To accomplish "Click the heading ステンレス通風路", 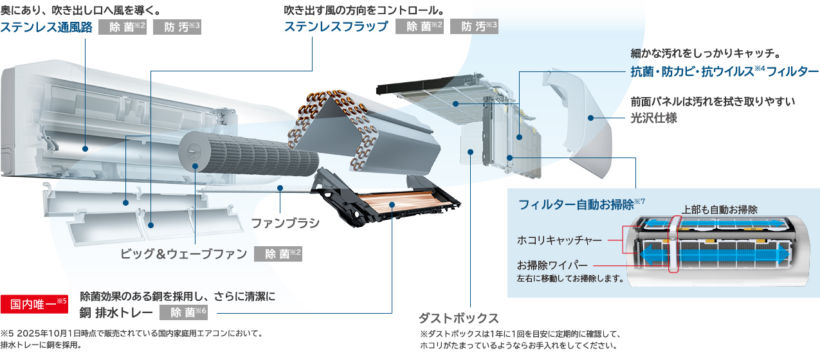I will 46,27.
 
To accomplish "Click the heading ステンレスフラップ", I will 336,27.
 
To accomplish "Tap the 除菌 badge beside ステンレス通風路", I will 123,27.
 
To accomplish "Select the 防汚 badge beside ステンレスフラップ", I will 474,27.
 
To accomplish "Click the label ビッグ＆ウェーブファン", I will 184,254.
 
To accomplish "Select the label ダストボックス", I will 459,318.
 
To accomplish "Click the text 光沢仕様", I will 653,118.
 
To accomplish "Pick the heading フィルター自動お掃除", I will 577,204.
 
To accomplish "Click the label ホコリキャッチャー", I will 560,240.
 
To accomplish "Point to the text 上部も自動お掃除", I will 720,210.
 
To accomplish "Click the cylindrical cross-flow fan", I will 251,154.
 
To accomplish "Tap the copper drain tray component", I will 392,204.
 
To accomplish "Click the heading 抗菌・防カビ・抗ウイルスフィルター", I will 724,71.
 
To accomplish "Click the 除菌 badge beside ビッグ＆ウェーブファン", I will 278,254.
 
